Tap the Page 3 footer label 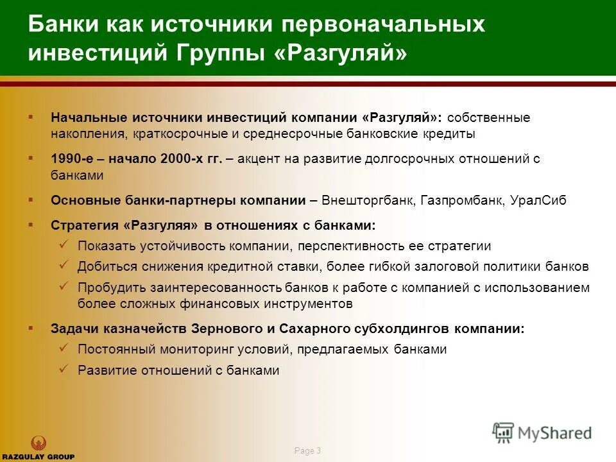307,451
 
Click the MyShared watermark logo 542,432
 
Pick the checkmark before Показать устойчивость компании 64,244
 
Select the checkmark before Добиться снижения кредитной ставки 64,264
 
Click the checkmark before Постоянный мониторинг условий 64,348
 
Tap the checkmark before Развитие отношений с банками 64,369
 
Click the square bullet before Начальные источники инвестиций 30,117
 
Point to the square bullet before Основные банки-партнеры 30,200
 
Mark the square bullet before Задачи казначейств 30,327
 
